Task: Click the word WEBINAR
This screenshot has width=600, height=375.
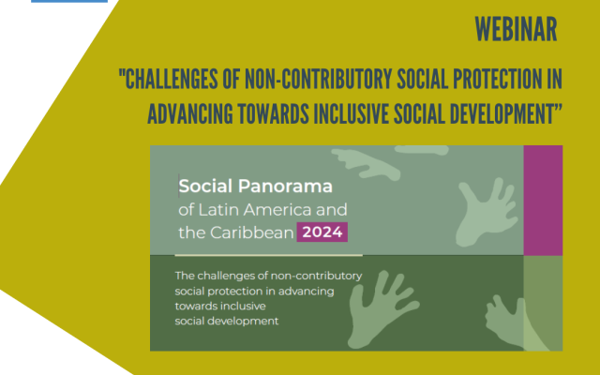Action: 516,29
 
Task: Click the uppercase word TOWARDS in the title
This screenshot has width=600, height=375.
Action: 273,114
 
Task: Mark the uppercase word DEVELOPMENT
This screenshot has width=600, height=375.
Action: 498,114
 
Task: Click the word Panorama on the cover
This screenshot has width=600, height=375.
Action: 285,187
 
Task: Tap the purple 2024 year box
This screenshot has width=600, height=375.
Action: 322,232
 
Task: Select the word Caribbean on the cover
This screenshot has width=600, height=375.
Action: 252,232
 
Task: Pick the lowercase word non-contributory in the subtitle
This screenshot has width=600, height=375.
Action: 316,276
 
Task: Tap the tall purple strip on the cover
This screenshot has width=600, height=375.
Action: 543,200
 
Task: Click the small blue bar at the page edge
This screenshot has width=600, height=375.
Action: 69,1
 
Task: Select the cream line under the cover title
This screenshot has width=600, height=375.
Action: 269,255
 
